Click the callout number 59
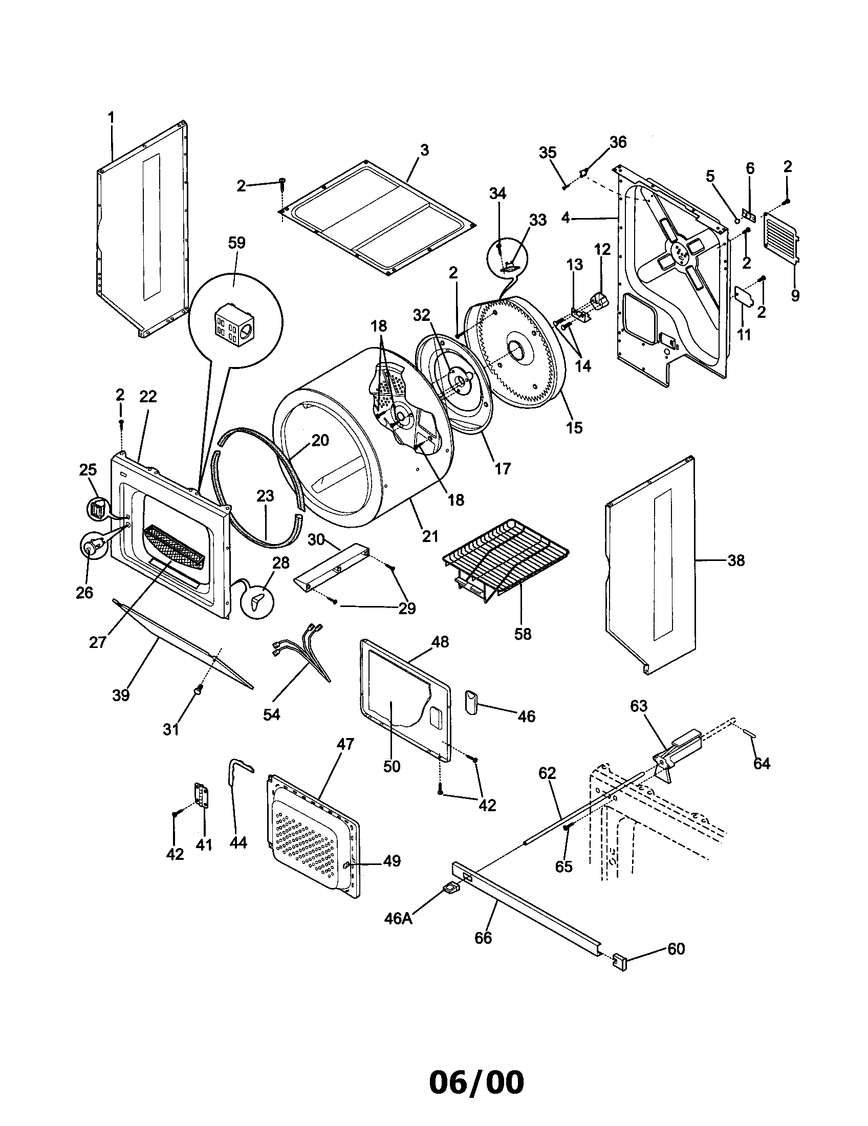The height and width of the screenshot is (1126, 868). (x=236, y=243)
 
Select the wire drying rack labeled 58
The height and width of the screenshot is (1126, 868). (x=505, y=560)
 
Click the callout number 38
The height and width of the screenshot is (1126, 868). (x=736, y=560)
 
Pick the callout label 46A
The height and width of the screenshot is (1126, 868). (x=399, y=918)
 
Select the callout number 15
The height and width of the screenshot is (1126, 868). (x=574, y=427)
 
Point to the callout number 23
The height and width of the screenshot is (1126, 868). (x=265, y=496)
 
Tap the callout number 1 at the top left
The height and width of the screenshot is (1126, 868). (x=111, y=118)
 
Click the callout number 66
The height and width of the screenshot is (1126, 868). (x=484, y=938)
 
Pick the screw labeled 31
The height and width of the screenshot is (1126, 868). (x=198, y=690)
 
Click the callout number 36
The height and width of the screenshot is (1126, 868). (x=618, y=142)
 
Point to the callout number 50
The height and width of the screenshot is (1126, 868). (x=392, y=767)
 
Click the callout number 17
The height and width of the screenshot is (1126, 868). (x=502, y=468)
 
